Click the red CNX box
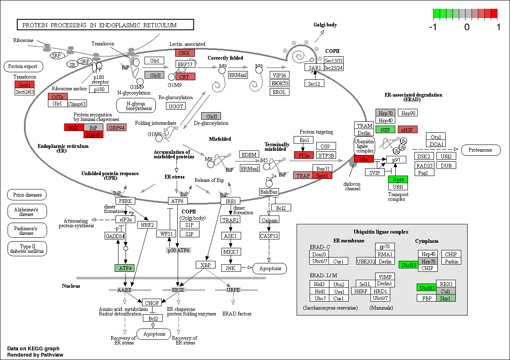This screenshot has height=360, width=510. (x=185, y=53)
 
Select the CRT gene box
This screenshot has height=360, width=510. (x=185, y=77)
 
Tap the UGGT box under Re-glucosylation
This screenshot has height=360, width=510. (x=176, y=106)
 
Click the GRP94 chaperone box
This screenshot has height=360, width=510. (x=116, y=127)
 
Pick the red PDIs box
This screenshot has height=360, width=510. (x=304, y=155)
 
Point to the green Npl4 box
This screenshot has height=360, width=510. (x=398, y=179)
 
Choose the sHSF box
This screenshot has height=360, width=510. (x=407, y=129)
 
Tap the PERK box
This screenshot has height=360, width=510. (x=126, y=201)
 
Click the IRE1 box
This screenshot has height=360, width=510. (x=231, y=201)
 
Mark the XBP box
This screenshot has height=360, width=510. (x=205, y=265)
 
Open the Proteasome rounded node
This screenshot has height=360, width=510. (x=481, y=150)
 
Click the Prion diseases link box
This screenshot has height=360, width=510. (x=27, y=195)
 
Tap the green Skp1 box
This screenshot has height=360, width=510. (x=445, y=298)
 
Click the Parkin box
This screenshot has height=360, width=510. (x=451, y=261)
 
